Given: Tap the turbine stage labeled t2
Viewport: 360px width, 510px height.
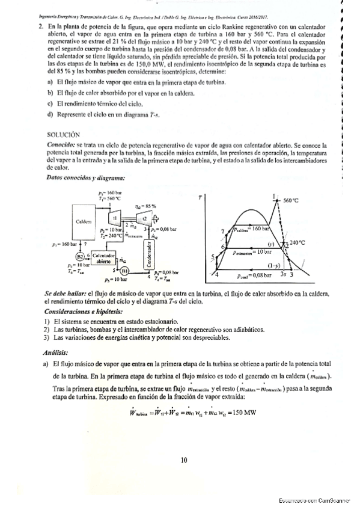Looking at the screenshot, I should point(145,218).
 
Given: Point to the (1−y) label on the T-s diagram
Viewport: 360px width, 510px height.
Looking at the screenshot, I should point(274,265).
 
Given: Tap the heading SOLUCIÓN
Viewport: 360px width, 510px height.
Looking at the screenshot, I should point(63,135).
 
